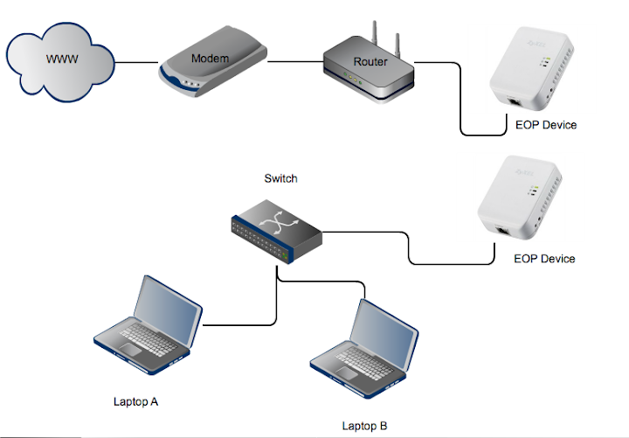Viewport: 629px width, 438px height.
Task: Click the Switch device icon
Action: [277, 229]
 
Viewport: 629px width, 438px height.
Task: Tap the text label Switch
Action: [280, 178]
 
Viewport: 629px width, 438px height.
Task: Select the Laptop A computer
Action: [144, 323]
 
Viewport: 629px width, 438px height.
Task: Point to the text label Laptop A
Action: [135, 402]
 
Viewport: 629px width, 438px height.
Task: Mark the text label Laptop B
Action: [364, 426]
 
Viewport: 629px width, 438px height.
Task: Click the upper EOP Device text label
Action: [546, 125]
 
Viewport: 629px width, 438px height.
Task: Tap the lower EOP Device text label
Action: [544, 259]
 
